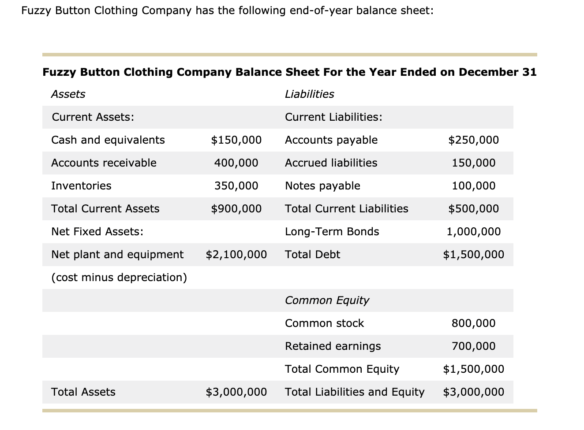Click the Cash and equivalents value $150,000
[236, 140]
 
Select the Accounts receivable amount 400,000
[236, 163]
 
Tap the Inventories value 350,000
[236, 186]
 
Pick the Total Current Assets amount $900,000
[236, 209]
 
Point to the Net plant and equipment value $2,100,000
[236, 255]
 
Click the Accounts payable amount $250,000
[473, 140]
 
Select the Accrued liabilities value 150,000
[473, 163]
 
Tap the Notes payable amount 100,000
[473, 186]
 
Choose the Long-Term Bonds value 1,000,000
[473, 232]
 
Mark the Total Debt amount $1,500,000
[473, 255]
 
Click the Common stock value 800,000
[473, 323]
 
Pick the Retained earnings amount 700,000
[473, 346]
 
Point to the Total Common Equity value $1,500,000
[473, 369]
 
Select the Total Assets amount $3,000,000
[236, 392]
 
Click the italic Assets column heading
[68, 94]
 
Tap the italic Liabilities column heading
[309, 94]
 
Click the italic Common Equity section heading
[327, 300]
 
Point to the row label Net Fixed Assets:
[97, 232]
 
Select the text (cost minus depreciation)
[119, 278]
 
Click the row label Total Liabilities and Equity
[355, 392]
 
